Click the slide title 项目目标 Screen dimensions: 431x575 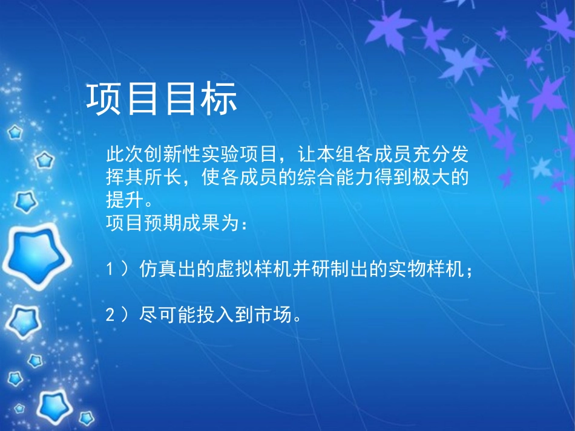pyautogui.click(x=162, y=99)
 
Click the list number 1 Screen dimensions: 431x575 pyautogui.click(x=110, y=270)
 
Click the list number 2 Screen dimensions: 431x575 pyautogui.click(x=110, y=315)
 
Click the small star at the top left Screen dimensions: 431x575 pyautogui.click(x=15, y=131)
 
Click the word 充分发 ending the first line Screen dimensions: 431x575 pyautogui.click(x=444, y=155)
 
